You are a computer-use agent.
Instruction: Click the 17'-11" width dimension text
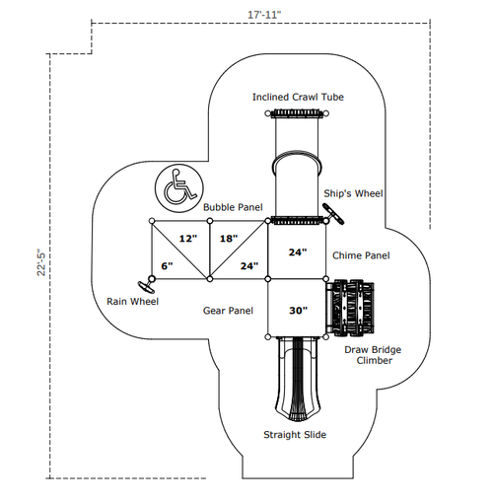click(264, 15)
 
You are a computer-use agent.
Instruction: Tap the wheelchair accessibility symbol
click(179, 188)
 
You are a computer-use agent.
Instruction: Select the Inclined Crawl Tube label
click(298, 97)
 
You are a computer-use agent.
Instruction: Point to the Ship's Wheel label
click(353, 193)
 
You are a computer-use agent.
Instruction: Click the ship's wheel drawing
click(333, 214)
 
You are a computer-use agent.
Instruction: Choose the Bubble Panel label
click(233, 207)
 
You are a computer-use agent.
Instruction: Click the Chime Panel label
click(361, 255)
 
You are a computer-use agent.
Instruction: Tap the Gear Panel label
click(228, 311)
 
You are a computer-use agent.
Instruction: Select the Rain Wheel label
click(132, 302)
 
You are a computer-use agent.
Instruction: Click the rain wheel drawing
click(146, 287)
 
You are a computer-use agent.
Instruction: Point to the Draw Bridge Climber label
click(373, 355)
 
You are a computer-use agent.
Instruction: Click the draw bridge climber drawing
click(350, 308)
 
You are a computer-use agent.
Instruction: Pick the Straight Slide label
click(295, 435)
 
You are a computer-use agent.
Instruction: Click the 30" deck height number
click(298, 311)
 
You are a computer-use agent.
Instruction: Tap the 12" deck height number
click(188, 239)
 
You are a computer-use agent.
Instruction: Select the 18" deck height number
click(229, 239)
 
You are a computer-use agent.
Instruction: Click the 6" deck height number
click(167, 266)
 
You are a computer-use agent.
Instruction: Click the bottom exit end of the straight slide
click(298, 417)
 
